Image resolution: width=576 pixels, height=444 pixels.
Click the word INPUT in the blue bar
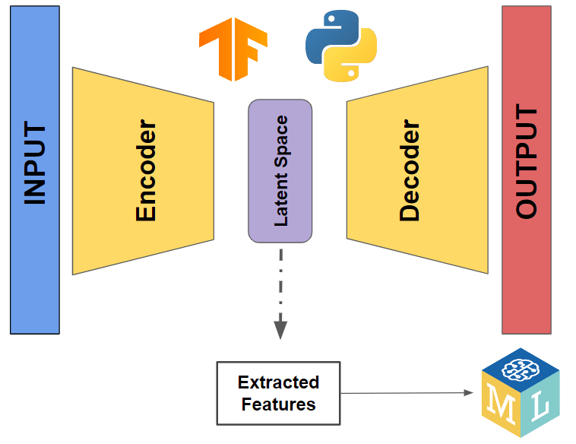click(x=35, y=164)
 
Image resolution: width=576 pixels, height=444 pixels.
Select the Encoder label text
click(x=146, y=171)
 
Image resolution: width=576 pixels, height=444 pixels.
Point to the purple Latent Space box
click(x=280, y=171)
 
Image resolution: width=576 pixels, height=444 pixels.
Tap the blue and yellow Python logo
click(x=341, y=45)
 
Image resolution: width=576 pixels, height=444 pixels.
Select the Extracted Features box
click(x=278, y=393)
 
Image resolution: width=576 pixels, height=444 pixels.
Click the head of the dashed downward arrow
click(x=280, y=330)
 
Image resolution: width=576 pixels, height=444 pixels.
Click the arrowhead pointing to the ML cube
click(x=468, y=393)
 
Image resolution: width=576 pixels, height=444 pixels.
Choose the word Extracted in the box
click(x=278, y=382)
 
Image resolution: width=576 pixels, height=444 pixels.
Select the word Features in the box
click(x=278, y=404)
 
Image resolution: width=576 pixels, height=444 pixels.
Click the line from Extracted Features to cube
click(x=403, y=393)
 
